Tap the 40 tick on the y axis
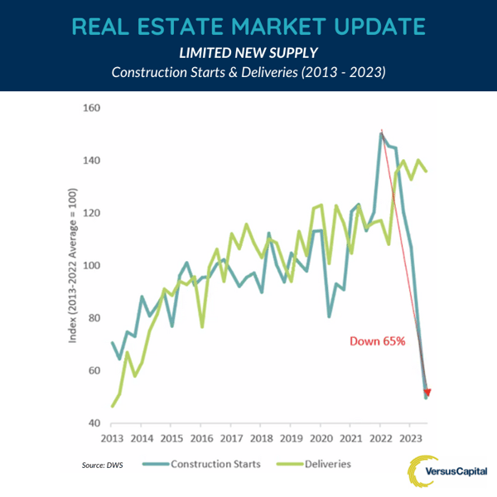click(x=93, y=423)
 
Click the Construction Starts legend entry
click(x=217, y=465)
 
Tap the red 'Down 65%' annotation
click(x=376, y=341)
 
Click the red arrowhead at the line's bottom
click(x=427, y=393)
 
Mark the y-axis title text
click(x=73, y=265)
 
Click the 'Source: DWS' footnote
click(x=102, y=466)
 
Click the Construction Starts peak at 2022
click(x=381, y=133)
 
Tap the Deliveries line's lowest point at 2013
click(x=112, y=406)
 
